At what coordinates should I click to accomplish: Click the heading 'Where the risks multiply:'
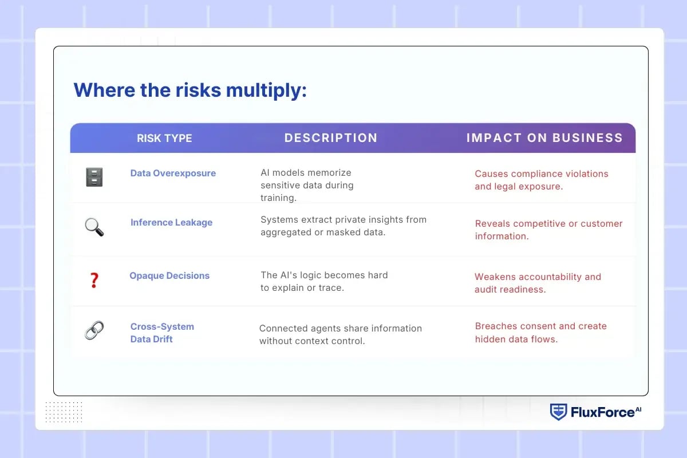(190, 90)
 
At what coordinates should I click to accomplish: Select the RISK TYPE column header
(164, 138)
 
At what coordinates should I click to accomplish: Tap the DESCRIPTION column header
(331, 138)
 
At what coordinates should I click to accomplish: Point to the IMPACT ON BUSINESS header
(544, 138)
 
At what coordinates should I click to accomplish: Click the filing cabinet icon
(94, 177)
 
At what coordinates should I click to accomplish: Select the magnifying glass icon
(94, 227)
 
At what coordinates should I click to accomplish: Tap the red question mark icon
(94, 281)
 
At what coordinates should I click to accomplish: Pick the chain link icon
(94, 330)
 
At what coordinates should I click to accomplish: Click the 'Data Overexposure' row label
(173, 173)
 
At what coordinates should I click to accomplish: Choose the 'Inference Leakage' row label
(171, 222)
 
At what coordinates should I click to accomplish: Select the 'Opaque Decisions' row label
(169, 275)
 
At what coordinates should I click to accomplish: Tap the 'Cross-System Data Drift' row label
(162, 333)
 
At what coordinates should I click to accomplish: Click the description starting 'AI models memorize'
(307, 185)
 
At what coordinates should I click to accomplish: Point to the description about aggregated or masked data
(343, 226)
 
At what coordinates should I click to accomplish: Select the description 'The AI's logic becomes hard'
(324, 281)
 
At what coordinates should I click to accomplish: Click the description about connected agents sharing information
(340, 334)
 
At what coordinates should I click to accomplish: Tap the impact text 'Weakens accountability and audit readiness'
(538, 283)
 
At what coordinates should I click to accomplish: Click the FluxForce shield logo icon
(558, 412)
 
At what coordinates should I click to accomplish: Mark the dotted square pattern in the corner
(64, 412)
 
